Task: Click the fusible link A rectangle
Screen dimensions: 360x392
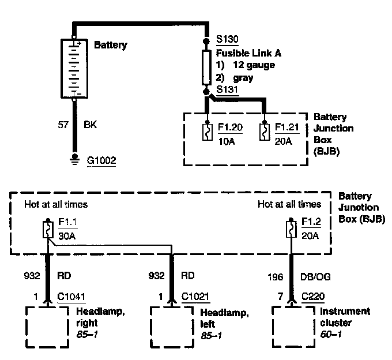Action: [207, 67]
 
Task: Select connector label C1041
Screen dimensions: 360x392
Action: [71, 298]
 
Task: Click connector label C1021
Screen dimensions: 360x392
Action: [195, 298]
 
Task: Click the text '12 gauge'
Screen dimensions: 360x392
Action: [254, 65]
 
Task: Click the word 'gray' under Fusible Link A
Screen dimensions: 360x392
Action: [243, 77]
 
